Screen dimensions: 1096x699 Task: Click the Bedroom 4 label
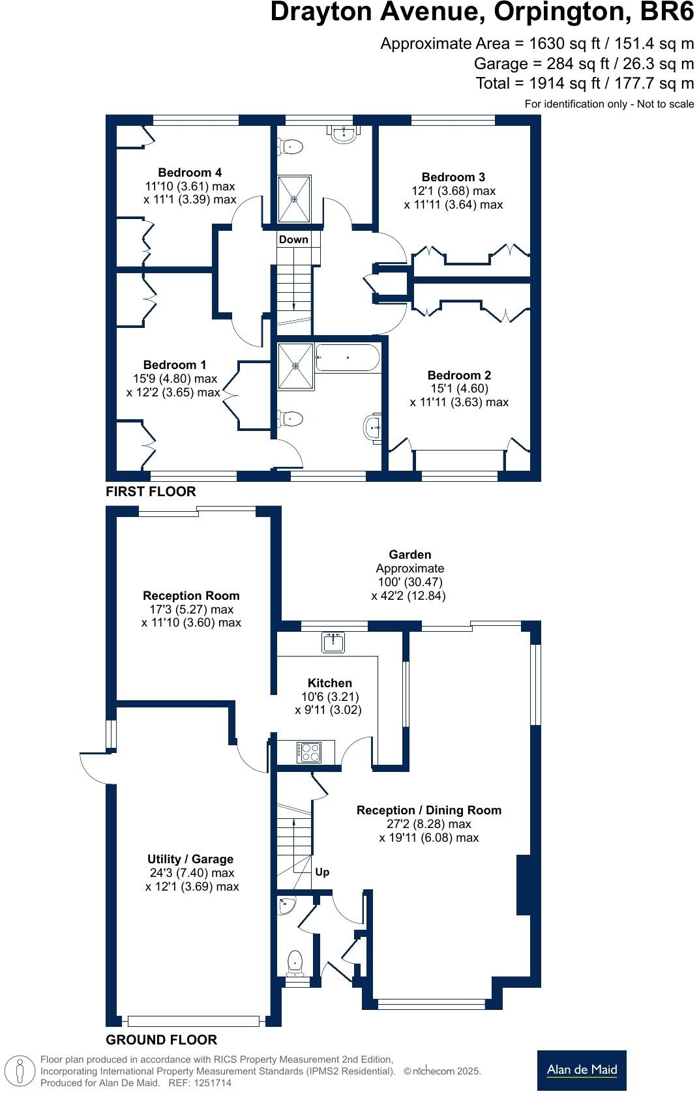190,172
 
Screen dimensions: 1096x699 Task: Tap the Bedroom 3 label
453,177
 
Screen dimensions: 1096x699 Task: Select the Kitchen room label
329,683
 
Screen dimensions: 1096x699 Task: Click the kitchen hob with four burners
308,752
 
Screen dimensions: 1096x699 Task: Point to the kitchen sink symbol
333,642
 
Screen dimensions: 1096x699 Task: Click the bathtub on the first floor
347,358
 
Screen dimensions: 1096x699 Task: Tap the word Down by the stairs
293,239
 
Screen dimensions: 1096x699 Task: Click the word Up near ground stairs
322,872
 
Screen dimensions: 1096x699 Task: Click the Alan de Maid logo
582,1070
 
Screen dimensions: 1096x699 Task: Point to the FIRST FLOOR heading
151,492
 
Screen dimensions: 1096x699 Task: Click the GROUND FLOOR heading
161,1039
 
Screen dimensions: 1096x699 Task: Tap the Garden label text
409,554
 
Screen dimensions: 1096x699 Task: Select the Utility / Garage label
190,859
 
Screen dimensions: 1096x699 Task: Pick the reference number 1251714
209,1083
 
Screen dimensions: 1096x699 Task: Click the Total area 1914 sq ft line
584,83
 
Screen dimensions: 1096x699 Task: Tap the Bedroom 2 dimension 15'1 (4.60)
459,388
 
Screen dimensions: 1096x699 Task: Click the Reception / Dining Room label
428,810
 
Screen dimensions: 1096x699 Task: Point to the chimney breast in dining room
524,885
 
